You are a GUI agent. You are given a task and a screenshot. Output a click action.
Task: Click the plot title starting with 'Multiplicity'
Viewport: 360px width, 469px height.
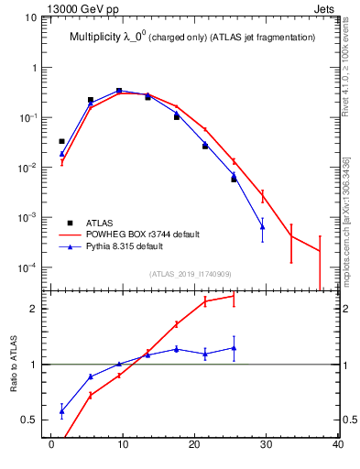pos(192,38)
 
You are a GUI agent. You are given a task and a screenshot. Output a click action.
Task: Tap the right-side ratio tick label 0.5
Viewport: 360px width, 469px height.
pos(349,420)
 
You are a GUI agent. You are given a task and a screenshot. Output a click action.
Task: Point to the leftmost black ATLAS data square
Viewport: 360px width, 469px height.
pos(61,141)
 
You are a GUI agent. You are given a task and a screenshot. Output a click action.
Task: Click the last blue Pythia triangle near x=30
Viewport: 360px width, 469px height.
pos(262,226)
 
